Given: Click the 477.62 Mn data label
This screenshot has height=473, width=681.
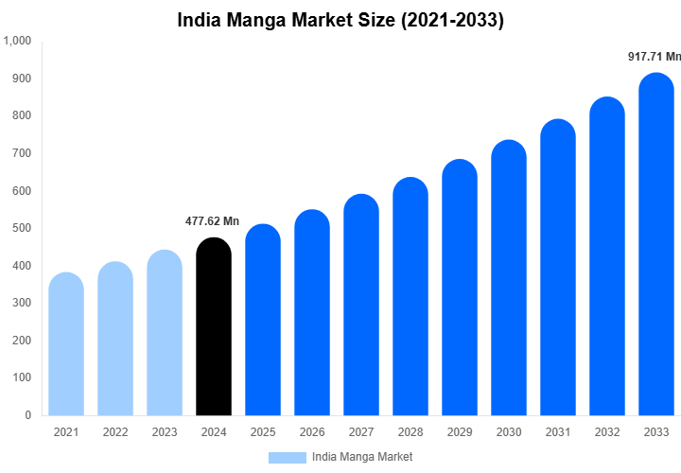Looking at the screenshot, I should (x=213, y=221).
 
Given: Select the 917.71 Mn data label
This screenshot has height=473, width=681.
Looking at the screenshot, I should (x=655, y=57).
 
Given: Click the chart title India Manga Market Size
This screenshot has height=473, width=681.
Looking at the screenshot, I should (x=340, y=20).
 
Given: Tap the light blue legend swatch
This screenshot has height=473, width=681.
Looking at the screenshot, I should (x=287, y=457).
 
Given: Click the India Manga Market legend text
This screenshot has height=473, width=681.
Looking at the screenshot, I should (x=362, y=457).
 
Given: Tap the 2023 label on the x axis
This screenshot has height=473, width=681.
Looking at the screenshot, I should (x=165, y=432).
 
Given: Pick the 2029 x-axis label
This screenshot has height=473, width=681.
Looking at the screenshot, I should (x=460, y=432).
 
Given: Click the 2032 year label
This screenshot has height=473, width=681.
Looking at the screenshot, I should (x=607, y=432).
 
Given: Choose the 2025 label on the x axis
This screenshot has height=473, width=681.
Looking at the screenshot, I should (x=263, y=432).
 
